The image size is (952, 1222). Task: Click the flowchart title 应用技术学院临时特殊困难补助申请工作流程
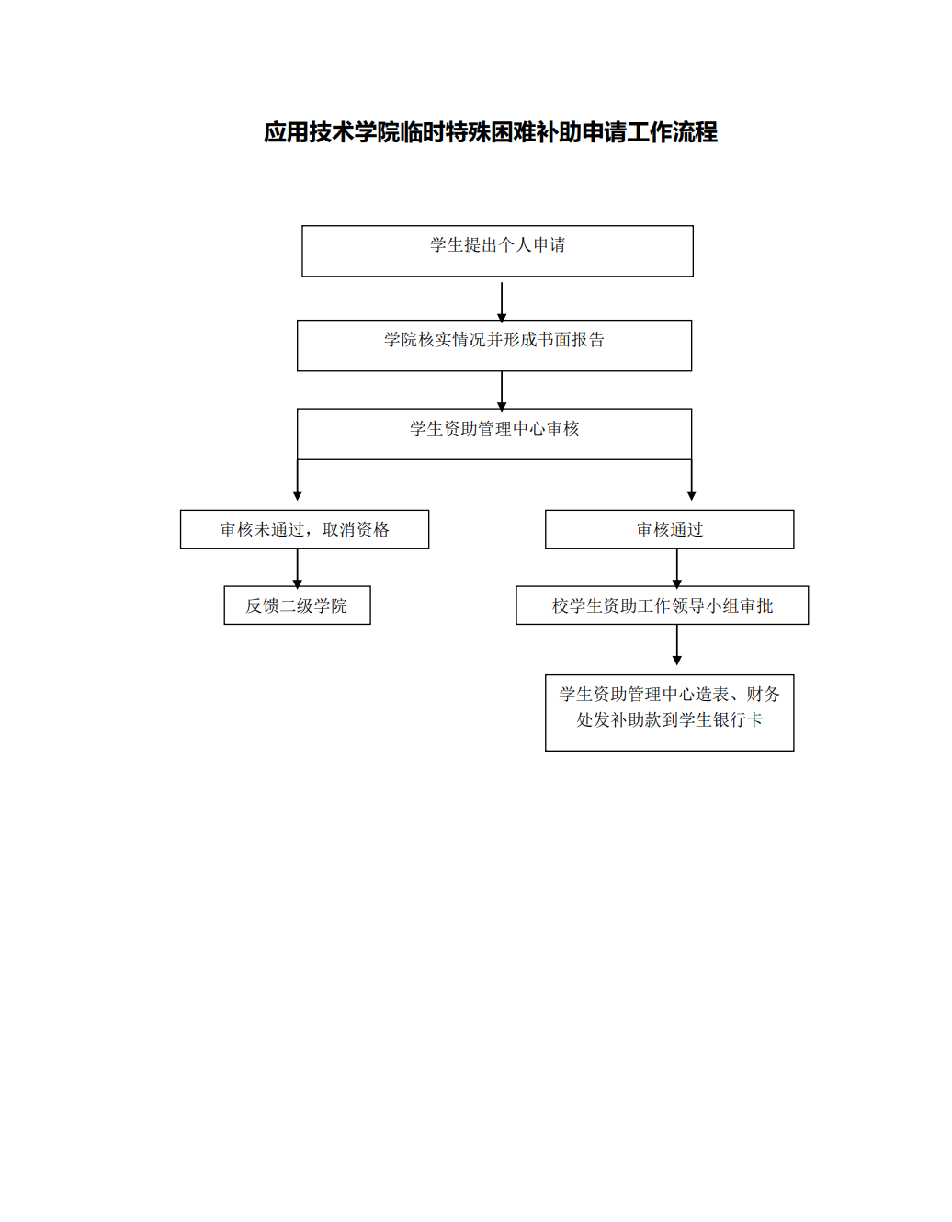click(x=491, y=132)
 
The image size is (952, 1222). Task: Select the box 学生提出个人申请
click(x=497, y=251)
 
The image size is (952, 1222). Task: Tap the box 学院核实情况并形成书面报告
click(x=494, y=345)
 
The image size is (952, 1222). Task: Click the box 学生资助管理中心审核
click(x=494, y=435)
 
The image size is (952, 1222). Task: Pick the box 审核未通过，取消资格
click(x=304, y=529)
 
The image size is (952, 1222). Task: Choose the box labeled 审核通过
click(x=669, y=529)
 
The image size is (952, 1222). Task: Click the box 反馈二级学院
click(x=297, y=605)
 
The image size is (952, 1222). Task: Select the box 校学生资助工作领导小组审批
click(x=662, y=605)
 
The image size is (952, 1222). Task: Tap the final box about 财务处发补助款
click(x=669, y=712)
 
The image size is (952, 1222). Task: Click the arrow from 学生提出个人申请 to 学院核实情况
click(x=502, y=302)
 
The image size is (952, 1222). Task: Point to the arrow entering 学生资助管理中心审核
click(x=502, y=391)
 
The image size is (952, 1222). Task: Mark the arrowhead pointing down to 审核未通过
click(x=298, y=496)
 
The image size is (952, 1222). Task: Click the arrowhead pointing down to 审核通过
click(x=692, y=496)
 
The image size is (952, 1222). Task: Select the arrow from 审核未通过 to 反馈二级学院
click(x=298, y=569)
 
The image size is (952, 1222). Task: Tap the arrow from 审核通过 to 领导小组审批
click(x=677, y=569)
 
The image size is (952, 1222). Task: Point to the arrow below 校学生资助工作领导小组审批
click(x=677, y=644)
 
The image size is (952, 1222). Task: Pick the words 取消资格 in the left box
click(x=356, y=529)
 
